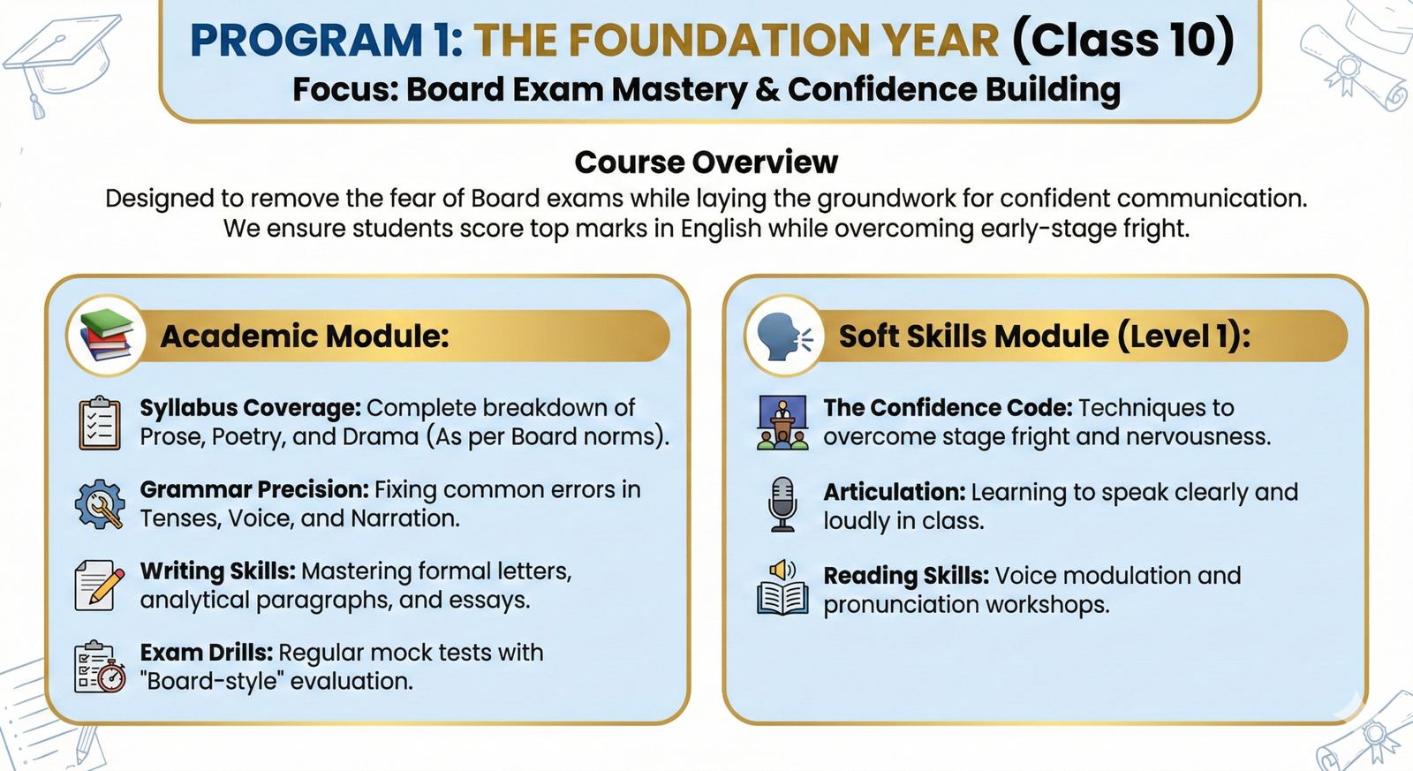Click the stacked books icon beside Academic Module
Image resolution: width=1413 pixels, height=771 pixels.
point(106,335)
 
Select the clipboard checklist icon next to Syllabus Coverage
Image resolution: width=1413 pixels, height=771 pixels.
point(100,423)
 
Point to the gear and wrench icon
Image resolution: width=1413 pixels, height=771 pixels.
point(100,504)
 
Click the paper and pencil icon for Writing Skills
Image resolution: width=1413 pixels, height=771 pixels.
point(99,586)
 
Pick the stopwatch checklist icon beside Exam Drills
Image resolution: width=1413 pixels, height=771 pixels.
point(100,667)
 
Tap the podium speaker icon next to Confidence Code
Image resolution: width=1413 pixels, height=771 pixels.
point(782,422)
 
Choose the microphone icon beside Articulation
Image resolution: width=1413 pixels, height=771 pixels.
point(782,505)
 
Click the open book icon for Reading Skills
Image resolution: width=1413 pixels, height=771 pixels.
point(782,587)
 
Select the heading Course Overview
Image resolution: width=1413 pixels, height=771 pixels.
point(706,163)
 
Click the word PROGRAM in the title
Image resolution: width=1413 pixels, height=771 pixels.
point(306,40)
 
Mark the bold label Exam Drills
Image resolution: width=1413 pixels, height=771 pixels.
point(207,653)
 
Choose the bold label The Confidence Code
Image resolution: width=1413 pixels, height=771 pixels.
point(948,408)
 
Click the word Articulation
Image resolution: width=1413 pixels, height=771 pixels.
point(894,492)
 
